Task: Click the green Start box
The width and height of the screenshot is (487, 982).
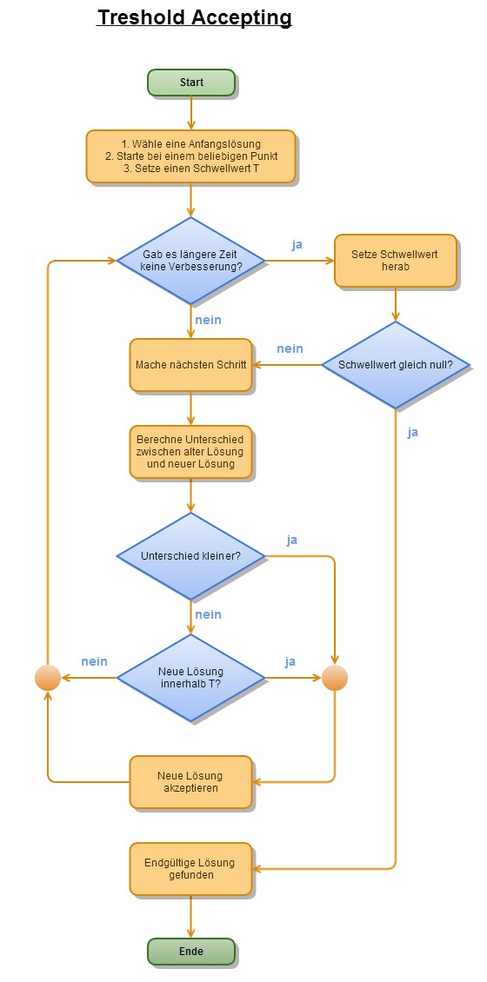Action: pyautogui.click(x=191, y=82)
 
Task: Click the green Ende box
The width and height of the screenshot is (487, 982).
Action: pyautogui.click(x=191, y=952)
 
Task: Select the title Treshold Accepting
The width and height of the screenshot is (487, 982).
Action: pyautogui.click(x=194, y=18)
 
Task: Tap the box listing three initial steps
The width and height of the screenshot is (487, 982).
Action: pyautogui.click(x=190, y=156)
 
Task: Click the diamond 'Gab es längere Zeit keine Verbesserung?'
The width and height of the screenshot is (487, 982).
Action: pyautogui.click(x=191, y=261)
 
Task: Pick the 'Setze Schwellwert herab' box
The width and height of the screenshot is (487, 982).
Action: pyautogui.click(x=395, y=261)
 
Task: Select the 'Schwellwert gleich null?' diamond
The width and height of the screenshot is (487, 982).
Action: pyautogui.click(x=396, y=365)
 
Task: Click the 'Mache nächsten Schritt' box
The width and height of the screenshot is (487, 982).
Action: pyautogui.click(x=191, y=365)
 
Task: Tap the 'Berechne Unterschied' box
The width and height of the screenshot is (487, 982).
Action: pyautogui.click(x=191, y=452)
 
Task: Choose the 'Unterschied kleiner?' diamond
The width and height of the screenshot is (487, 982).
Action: pyautogui.click(x=191, y=556)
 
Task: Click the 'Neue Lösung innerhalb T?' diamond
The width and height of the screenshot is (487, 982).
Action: pyautogui.click(x=191, y=678)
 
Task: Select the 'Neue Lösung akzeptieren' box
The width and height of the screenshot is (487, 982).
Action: pyautogui.click(x=191, y=782)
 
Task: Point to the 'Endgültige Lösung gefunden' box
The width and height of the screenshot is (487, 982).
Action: pyautogui.click(x=191, y=869)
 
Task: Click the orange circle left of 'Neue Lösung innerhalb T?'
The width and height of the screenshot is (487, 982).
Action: pyautogui.click(x=48, y=678)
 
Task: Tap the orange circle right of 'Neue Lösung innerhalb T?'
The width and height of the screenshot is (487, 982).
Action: pyautogui.click(x=335, y=678)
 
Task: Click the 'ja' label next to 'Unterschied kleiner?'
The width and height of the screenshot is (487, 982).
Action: pyautogui.click(x=292, y=540)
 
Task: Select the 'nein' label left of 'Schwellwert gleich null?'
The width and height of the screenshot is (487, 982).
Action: pyautogui.click(x=290, y=348)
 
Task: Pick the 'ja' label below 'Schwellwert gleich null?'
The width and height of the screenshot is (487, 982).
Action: pyautogui.click(x=412, y=432)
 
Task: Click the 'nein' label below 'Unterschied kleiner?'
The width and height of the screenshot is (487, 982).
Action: pyautogui.click(x=208, y=614)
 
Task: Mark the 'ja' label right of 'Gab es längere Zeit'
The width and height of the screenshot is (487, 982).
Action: pyautogui.click(x=297, y=244)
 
